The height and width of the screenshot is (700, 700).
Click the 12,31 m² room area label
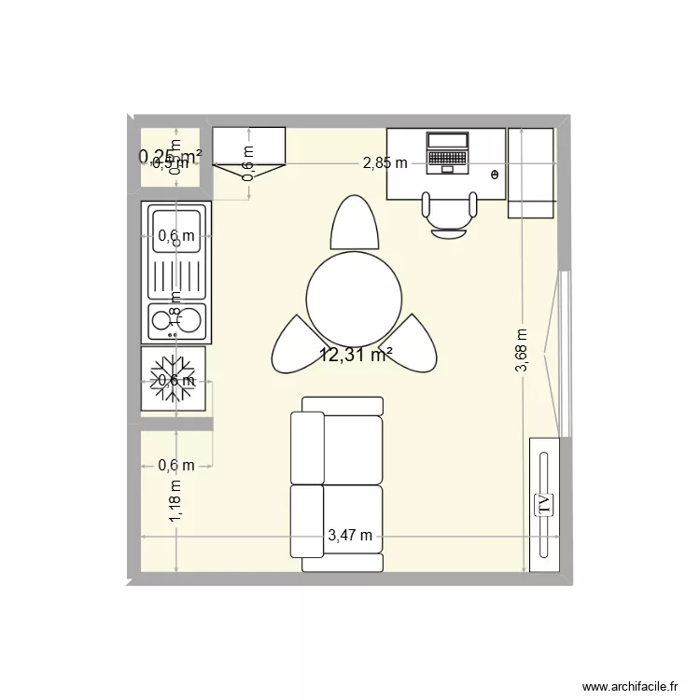click(x=356, y=355)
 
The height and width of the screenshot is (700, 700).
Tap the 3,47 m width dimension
click(x=350, y=536)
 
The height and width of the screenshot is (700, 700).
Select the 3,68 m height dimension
click(x=521, y=350)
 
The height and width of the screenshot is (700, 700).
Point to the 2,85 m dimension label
click(x=385, y=163)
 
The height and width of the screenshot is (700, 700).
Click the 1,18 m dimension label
click(x=177, y=498)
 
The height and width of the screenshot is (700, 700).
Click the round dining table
click(x=355, y=299)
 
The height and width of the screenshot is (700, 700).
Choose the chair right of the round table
click(x=414, y=343)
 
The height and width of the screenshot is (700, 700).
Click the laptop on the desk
click(x=447, y=153)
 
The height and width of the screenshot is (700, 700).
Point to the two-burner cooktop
click(x=177, y=319)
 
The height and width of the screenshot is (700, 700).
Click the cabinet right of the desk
click(x=530, y=174)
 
